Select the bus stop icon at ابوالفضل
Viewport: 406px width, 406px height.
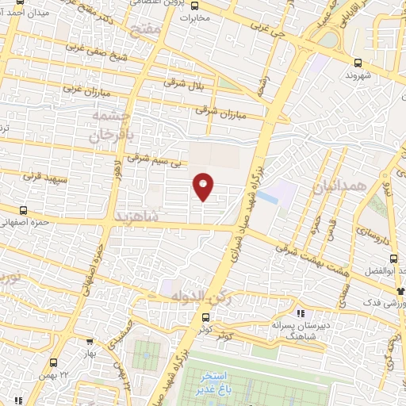(x=393, y=258)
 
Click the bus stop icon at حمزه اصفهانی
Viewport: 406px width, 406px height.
(x=22, y=211)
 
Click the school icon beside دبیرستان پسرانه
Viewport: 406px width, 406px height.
(x=300, y=312)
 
